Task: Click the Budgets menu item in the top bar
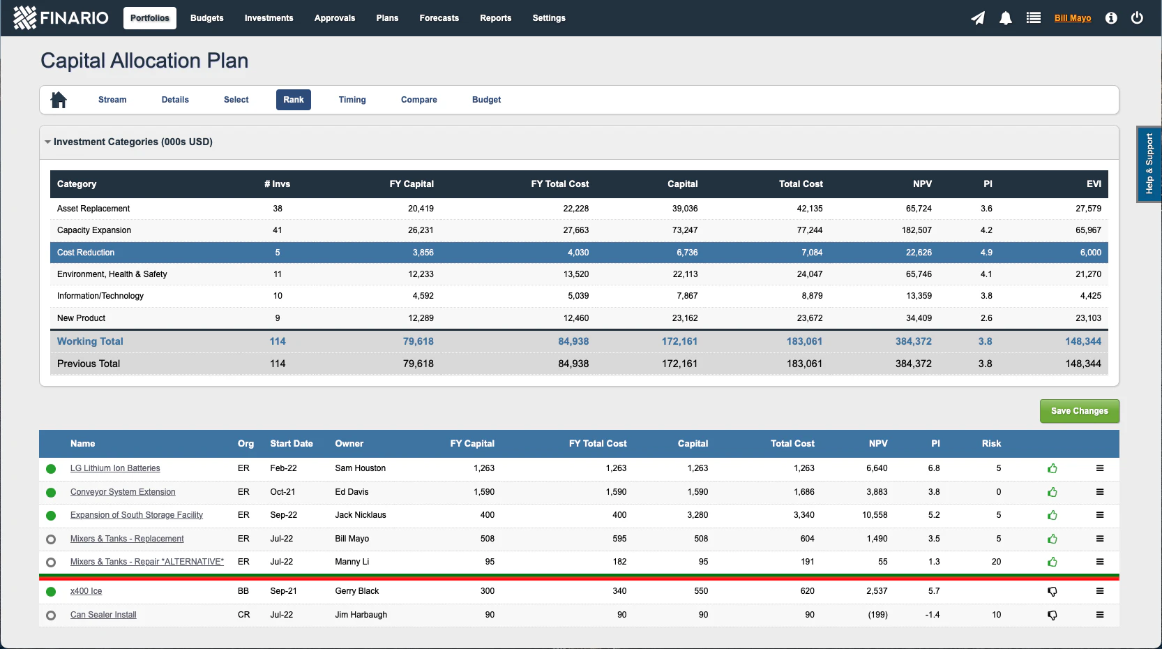[206, 18]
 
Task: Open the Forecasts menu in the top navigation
[439, 18]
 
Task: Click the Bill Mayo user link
[1072, 18]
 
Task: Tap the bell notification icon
[1005, 18]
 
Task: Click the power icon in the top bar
[1137, 18]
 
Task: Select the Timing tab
[352, 100]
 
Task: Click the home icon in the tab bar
[59, 100]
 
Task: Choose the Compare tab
[418, 100]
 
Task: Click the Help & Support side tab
[1149, 164]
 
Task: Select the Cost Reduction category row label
[86, 253]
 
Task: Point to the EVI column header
[1093, 184]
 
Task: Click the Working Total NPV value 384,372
[913, 341]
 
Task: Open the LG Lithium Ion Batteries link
[115, 468]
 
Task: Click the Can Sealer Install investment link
[103, 615]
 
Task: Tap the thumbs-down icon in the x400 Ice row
[1052, 592]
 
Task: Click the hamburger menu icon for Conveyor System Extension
[1099, 492]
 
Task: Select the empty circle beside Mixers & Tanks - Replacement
[51, 539]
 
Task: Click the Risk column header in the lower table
[990, 444]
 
